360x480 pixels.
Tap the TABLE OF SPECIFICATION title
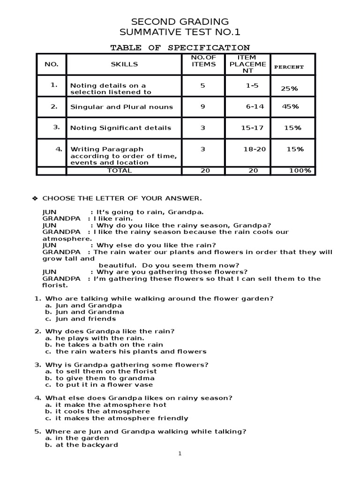pos(180,48)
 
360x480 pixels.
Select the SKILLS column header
pos(124,64)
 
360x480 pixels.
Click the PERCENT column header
pos(289,67)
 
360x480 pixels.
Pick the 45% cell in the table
pos(290,106)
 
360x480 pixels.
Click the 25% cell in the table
pos(289,89)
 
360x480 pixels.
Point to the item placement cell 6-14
pos(255,106)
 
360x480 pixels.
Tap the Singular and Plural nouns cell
pos(121,107)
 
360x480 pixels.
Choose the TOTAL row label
pos(120,171)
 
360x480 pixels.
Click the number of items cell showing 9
pos(203,106)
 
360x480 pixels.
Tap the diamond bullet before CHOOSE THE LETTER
pos(34,199)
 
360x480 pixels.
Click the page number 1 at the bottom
pos(180,453)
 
